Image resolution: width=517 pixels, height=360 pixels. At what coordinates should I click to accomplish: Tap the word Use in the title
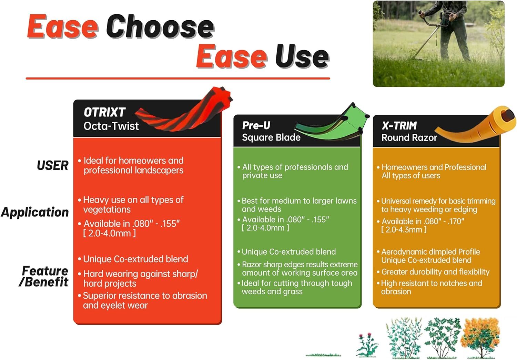[302, 56]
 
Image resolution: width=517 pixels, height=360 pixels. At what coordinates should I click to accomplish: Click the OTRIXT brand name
[104, 112]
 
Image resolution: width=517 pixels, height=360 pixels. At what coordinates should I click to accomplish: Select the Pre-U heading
[256, 125]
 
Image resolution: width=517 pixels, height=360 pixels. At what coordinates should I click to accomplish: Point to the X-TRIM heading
[399, 125]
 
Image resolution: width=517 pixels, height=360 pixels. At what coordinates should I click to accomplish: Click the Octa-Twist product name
[111, 126]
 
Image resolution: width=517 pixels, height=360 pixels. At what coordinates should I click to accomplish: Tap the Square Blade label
[271, 137]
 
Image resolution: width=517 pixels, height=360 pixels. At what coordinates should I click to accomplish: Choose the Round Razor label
[409, 138]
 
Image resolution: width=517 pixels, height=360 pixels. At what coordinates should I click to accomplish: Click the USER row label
[53, 165]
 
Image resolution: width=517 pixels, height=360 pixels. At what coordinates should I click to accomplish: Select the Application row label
[35, 212]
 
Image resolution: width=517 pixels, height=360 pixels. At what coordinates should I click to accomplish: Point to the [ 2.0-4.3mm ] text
[404, 230]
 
